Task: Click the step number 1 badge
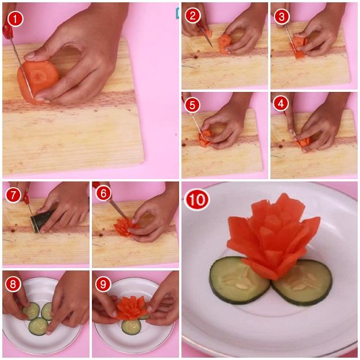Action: coord(16,19)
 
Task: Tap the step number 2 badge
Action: coord(192,16)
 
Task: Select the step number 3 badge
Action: coord(281,16)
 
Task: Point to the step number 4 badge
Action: coord(281,103)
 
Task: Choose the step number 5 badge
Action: coord(192,105)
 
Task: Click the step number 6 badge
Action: coord(103,193)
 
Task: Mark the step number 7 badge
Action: coord(13,195)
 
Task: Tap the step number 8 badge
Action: coord(13,284)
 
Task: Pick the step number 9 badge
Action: coord(103,284)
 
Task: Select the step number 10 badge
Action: coord(197,200)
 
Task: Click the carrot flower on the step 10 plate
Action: coord(273,237)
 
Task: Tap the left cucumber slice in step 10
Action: coord(239,281)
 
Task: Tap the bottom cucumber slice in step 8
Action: coord(38,326)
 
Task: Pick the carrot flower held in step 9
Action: coord(132,308)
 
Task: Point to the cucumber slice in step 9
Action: coord(131,327)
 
